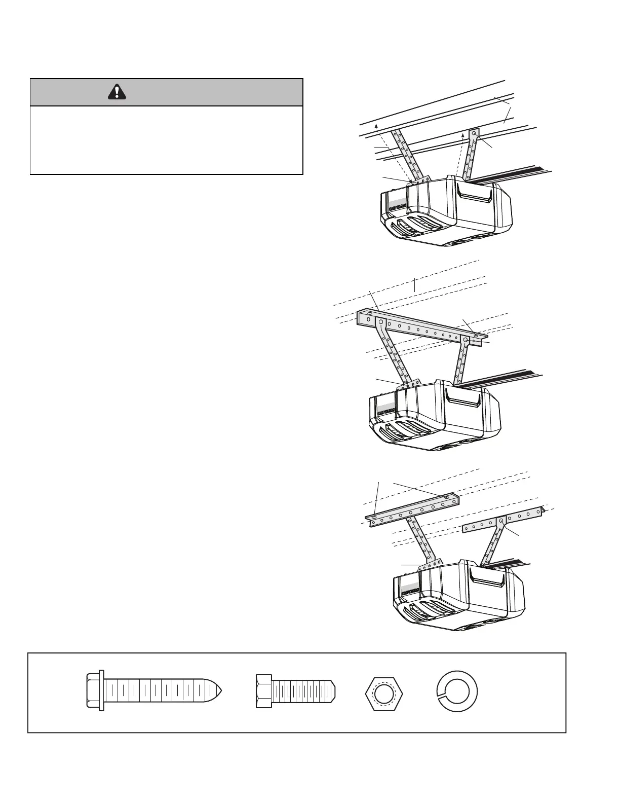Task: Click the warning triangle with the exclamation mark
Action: tap(117, 92)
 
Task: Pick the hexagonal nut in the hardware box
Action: tap(384, 691)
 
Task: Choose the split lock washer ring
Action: tap(457, 691)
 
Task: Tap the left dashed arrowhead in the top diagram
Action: tap(376, 125)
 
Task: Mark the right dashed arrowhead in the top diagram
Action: tap(463, 136)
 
